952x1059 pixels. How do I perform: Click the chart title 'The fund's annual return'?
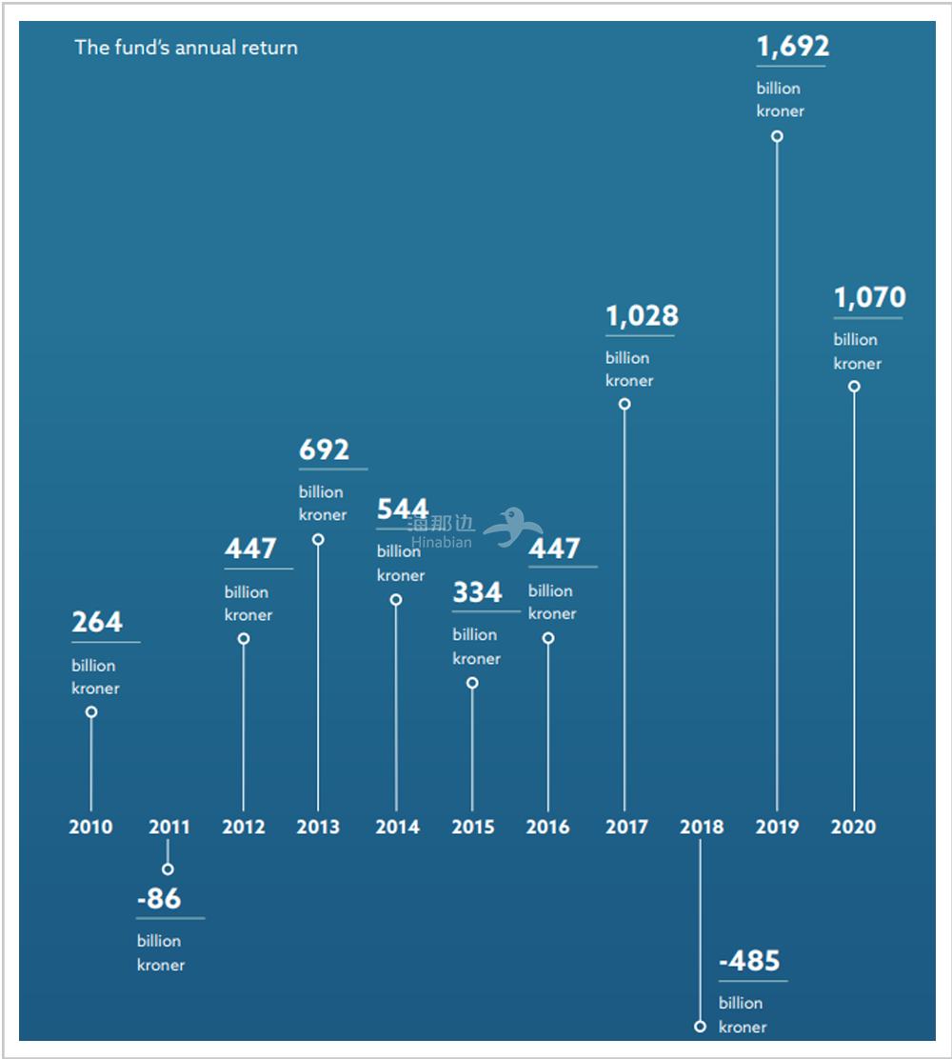[x=186, y=47]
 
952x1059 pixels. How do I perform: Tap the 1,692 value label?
[x=793, y=46]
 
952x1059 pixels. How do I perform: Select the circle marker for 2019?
[x=777, y=136]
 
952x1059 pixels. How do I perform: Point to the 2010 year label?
[x=90, y=827]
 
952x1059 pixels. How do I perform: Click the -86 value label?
[x=159, y=898]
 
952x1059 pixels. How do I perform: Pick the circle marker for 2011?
[x=168, y=869]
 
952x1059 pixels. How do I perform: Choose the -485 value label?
[x=749, y=961]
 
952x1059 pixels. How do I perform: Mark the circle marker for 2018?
[x=701, y=1027]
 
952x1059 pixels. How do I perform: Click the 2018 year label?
[x=702, y=827]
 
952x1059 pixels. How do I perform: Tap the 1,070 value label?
[x=869, y=298]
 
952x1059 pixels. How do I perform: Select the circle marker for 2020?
[x=854, y=387]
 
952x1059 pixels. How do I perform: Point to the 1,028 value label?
[x=642, y=315]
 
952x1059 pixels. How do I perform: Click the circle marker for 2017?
[x=625, y=404]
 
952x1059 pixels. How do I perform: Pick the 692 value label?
[x=324, y=450]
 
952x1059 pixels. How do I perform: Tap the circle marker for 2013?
[x=318, y=539]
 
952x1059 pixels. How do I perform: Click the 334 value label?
[x=477, y=592]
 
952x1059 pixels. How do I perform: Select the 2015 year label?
[x=473, y=827]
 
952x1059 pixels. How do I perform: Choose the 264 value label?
[x=97, y=622]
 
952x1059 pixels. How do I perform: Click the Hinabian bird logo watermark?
[x=513, y=526]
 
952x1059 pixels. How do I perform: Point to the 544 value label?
[x=402, y=509]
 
